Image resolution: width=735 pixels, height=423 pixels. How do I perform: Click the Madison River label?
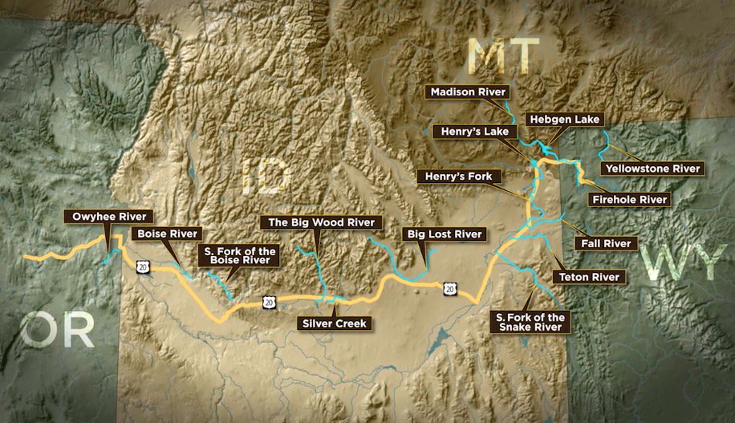pos(469,92)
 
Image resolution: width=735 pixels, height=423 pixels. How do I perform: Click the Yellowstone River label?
pos(655,169)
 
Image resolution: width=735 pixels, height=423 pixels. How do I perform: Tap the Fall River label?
pos(606,242)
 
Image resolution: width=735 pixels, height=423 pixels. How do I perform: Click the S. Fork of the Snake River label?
pos(530,323)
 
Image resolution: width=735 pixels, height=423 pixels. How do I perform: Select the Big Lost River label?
pos(445,234)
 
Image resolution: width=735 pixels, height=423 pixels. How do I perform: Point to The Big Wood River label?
pos(321,222)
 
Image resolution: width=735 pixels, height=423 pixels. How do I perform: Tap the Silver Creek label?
pos(334,323)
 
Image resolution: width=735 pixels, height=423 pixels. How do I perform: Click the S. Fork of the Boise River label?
pos(239,256)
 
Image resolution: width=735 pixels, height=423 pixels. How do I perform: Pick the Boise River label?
pos(167,234)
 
